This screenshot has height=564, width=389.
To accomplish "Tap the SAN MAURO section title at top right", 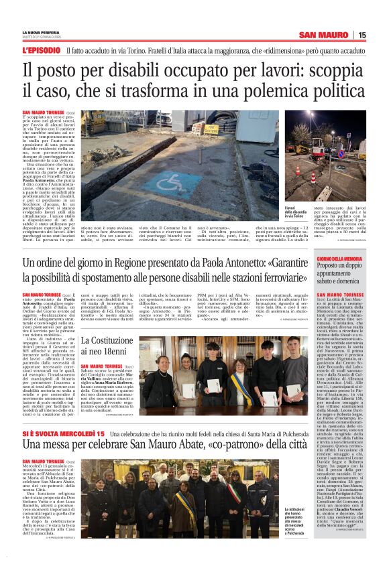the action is (x=324, y=35).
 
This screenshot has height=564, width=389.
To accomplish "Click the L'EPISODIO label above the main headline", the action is (x=42, y=50).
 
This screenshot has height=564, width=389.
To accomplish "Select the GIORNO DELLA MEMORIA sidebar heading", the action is (x=340, y=259).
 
